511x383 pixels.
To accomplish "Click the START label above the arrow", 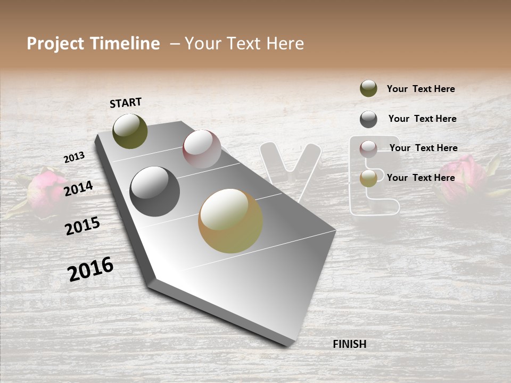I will [126, 103].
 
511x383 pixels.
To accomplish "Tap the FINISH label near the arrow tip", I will [349, 344].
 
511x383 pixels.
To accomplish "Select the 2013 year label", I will [74, 157].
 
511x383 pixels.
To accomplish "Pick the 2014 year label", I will [78, 188].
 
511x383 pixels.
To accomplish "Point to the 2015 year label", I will [82, 227].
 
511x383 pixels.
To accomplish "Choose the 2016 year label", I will [90, 269].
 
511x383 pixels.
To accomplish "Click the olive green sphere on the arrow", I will [130, 131].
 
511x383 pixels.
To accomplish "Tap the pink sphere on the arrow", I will [202, 149].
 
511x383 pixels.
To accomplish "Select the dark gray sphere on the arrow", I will [154, 191].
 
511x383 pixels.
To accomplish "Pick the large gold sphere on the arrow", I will [230, 221].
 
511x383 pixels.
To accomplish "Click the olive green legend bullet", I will [368, 88].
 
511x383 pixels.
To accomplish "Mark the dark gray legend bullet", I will [368, 119].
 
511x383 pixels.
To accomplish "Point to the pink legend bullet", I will [368, 149].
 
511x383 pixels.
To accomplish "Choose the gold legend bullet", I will [368, 178].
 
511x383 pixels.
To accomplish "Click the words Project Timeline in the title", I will [93, 44].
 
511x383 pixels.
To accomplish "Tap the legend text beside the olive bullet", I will [421, 89].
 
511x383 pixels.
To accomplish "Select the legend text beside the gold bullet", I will [421, 178].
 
